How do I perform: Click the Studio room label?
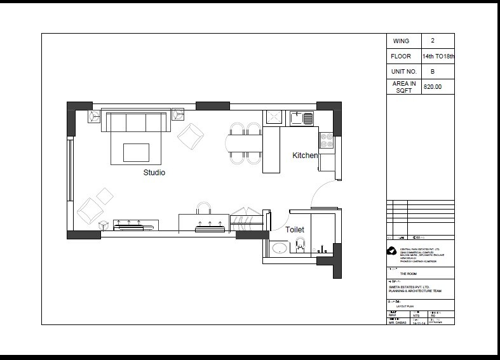[x=154, y=172]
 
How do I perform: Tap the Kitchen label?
[x=304, y=156]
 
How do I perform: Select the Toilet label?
[x=294, y=230]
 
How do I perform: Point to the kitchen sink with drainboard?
[x=302, y=117]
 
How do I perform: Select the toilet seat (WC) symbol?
[x=302, y=244]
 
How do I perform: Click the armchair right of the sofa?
[x=191, y=135]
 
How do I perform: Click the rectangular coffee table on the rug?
[x=136, y=152]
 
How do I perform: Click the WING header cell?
[x=402, y=41]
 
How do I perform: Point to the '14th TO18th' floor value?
[x=438, y=57]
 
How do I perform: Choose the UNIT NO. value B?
[x=432, y=72]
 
